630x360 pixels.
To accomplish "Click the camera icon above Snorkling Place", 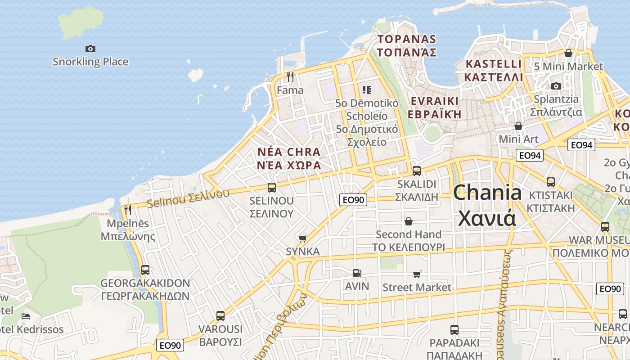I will click(90, 49).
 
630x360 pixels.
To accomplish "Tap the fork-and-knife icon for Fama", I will click(290, 77).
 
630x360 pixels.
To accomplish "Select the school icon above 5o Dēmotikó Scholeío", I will click(367, 90).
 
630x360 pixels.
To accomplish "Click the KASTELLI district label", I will click(494, 70).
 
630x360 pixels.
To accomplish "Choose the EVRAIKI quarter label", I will click(435, 107).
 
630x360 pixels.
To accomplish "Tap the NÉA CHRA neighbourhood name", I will click(289, 158).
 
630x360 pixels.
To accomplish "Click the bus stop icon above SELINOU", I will click(271, 187).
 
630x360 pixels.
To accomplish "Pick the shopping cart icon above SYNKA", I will click(302, 238).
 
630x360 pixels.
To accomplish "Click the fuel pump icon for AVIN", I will click(357, 273).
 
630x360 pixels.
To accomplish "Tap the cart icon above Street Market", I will click(417, 274).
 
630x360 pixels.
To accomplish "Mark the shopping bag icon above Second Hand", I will click(409, 221).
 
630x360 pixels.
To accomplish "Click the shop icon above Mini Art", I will click(518, 126).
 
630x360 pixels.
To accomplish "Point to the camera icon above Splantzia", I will click(556, 86).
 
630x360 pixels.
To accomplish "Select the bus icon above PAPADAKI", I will click(454, 329).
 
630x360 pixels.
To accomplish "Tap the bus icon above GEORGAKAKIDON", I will click(145, 270).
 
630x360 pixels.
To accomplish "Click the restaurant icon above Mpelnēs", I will click(128, 210).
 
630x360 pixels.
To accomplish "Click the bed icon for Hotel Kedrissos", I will click(26, 316).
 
